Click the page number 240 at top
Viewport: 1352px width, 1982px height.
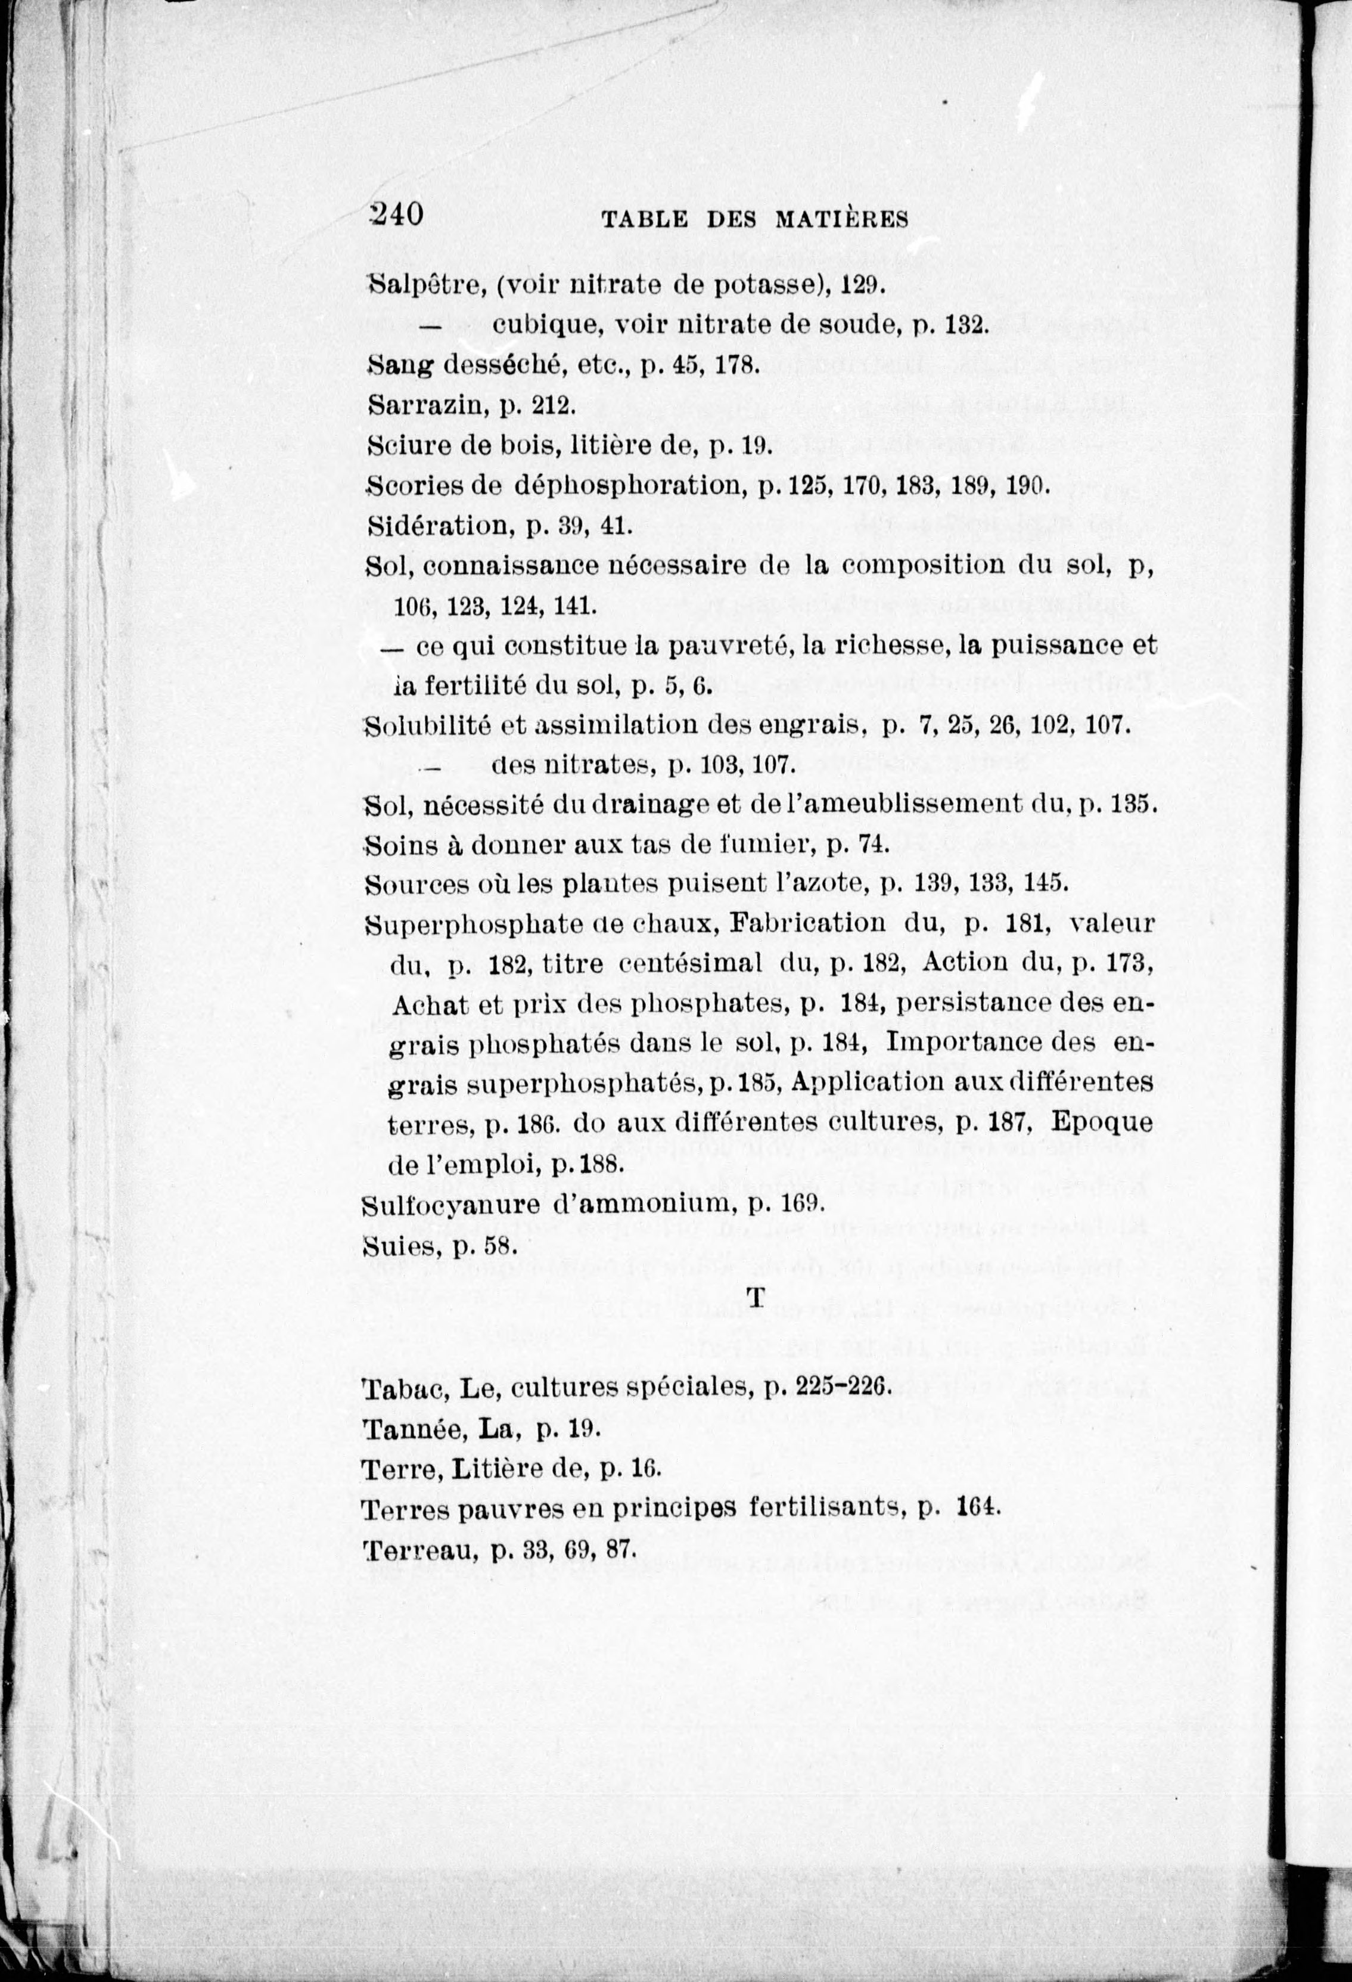tap(396, 214)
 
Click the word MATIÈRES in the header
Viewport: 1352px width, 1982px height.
tap(841, 220)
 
